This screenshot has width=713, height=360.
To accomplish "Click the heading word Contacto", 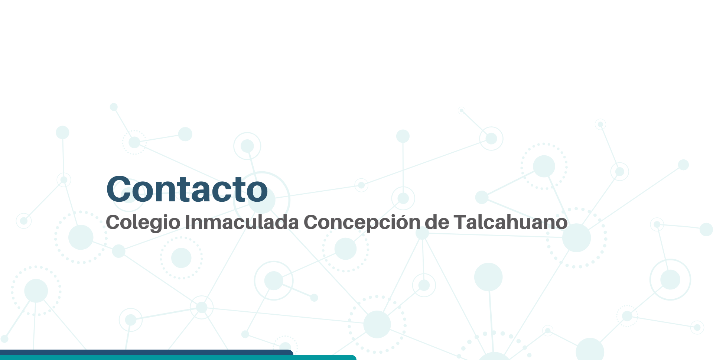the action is click(187, 189).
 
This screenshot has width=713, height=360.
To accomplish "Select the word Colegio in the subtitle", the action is click(143, 223).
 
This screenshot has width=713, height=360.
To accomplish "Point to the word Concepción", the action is click(362, 222).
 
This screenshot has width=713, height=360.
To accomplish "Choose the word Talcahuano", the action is click(511, 222).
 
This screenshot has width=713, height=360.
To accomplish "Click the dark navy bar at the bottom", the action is click(147, 352).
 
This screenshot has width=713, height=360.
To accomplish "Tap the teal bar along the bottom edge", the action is click(178, 357).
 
